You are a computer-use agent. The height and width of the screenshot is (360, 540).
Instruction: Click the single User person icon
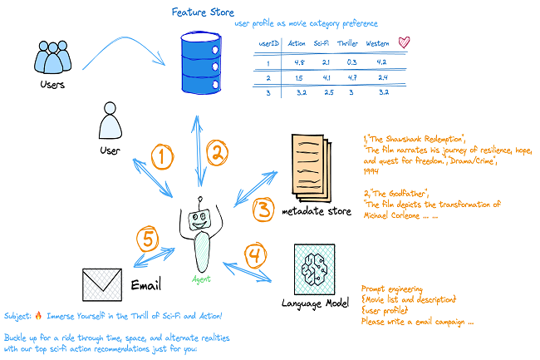pyautogui.click(x=110, y=123)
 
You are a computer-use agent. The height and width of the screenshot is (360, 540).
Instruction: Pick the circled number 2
pyautogui.click(x=218, y=152)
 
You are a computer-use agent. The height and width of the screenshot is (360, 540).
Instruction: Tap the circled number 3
pyautogui.click(x=263, y=208)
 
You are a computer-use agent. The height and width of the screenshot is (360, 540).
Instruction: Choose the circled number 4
pyautogui.click(x=254, y=253)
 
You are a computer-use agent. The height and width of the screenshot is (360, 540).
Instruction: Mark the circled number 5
pyautogui.click(x=147, y=239)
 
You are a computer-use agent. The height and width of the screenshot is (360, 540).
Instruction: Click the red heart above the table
pyautogui.click(x=405, y=42)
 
